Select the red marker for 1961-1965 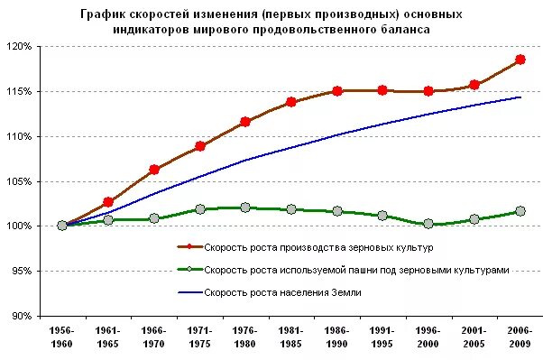point(108,202)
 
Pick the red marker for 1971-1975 point(200,146)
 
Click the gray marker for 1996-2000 point(428,224)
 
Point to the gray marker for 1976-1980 point(245,208)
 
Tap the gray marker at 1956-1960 point(62,226)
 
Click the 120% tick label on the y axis point(19,46)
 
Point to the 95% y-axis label point(21,271)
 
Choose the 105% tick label point(19,181)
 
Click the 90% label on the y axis point(21,316)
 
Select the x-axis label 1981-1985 point(291,336)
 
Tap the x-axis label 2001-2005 point(474,336)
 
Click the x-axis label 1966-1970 point(154,336)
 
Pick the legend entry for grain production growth point(318,246)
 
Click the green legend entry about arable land point(356,269)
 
